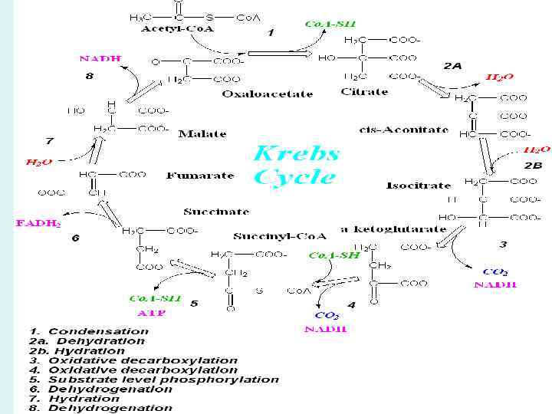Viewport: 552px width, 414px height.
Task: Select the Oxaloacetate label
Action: coord(268,94)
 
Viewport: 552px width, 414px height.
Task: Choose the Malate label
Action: coord(202,133)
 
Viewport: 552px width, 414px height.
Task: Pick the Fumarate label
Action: coord(201,176)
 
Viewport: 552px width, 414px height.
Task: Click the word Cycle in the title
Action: coord(295,177)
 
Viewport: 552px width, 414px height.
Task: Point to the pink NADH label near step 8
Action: coord(100,58)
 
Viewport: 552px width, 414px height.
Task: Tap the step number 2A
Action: coord(452,66)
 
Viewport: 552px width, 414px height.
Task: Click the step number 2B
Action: coord(533,166)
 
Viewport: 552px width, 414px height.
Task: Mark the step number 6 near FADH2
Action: coord(75,238)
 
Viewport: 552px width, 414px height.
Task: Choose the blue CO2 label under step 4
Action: coord(327,315)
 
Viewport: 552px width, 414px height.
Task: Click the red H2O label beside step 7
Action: coord(38,163)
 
